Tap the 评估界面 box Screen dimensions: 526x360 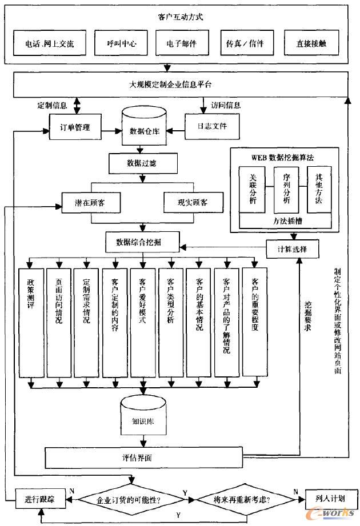(141, 457)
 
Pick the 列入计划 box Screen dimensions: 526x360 (331, 498)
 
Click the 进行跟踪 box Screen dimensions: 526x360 (40, 499)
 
